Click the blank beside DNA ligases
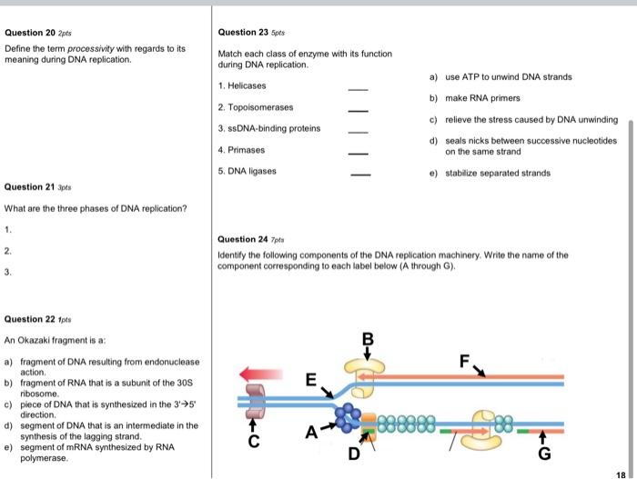coord(360,175)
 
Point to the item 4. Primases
coord(242,149)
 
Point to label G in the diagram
coord(544,454)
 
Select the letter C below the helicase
coord(255,444)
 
